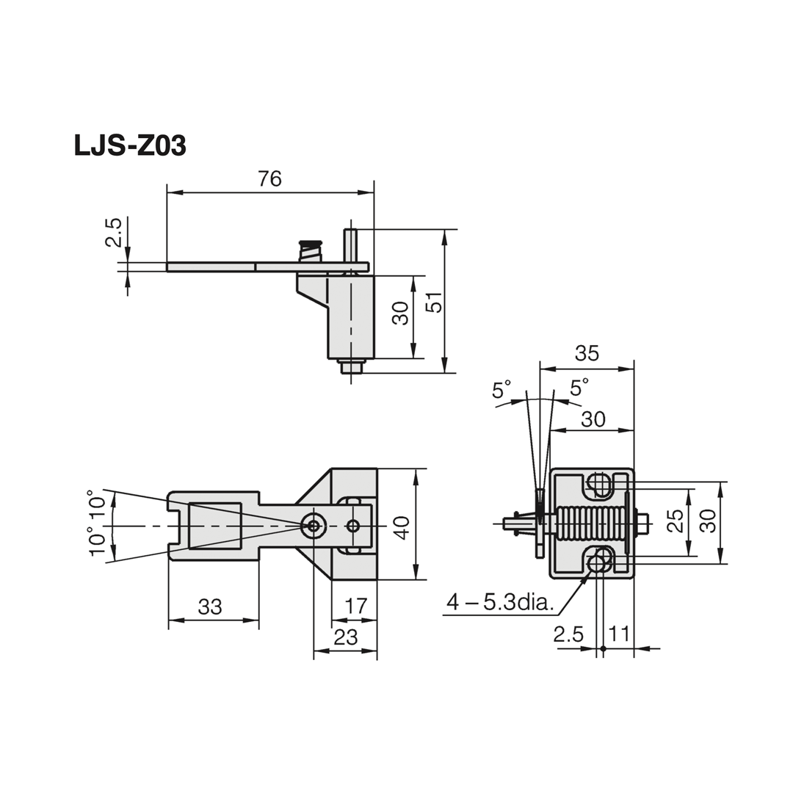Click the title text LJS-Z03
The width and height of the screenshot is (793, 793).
[130, 146]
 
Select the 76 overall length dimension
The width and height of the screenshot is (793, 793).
[269, 178]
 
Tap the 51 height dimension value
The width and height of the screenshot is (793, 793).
[435, 302]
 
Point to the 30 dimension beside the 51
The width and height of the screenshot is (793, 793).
[400, 314]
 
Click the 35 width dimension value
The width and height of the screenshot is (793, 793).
[587, 353]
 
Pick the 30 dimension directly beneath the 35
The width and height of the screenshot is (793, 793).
[593, 419]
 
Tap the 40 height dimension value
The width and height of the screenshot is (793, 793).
[402, 527]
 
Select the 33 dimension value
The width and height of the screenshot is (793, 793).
[210, 607]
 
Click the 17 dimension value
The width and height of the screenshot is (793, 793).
[355, 606]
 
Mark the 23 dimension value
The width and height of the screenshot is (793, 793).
[345, 637]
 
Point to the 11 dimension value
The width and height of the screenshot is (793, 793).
[619, 634]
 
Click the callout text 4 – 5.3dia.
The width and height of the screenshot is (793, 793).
[499, 603]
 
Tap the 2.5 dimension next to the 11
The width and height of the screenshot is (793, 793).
[568, 634]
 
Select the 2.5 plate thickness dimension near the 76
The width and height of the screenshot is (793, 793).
[113, 232]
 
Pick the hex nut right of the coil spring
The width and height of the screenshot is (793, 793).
[641, 524]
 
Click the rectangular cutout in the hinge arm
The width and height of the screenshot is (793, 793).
[215, 526]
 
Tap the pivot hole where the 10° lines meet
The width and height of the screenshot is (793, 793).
[314, 526]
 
